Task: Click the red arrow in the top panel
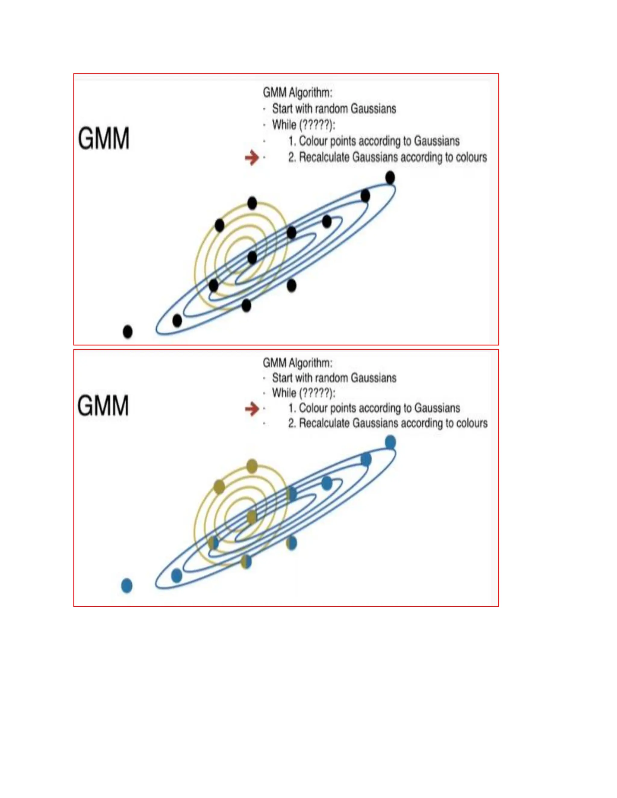(252, 157)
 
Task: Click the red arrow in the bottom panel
(252, 409)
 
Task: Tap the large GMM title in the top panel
(104, 139)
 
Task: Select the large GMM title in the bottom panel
(103, 405)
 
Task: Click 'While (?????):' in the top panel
(303, 125)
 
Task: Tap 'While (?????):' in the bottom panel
(303, 393)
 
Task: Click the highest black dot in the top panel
(390, 178)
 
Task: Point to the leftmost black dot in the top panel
(127, 332)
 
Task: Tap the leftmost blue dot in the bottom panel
(127, 586)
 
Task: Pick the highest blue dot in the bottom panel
(390, 442)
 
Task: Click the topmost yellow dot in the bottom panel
(252, 466)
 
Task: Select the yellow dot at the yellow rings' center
(252, 517)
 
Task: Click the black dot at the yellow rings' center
(252, 257)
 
